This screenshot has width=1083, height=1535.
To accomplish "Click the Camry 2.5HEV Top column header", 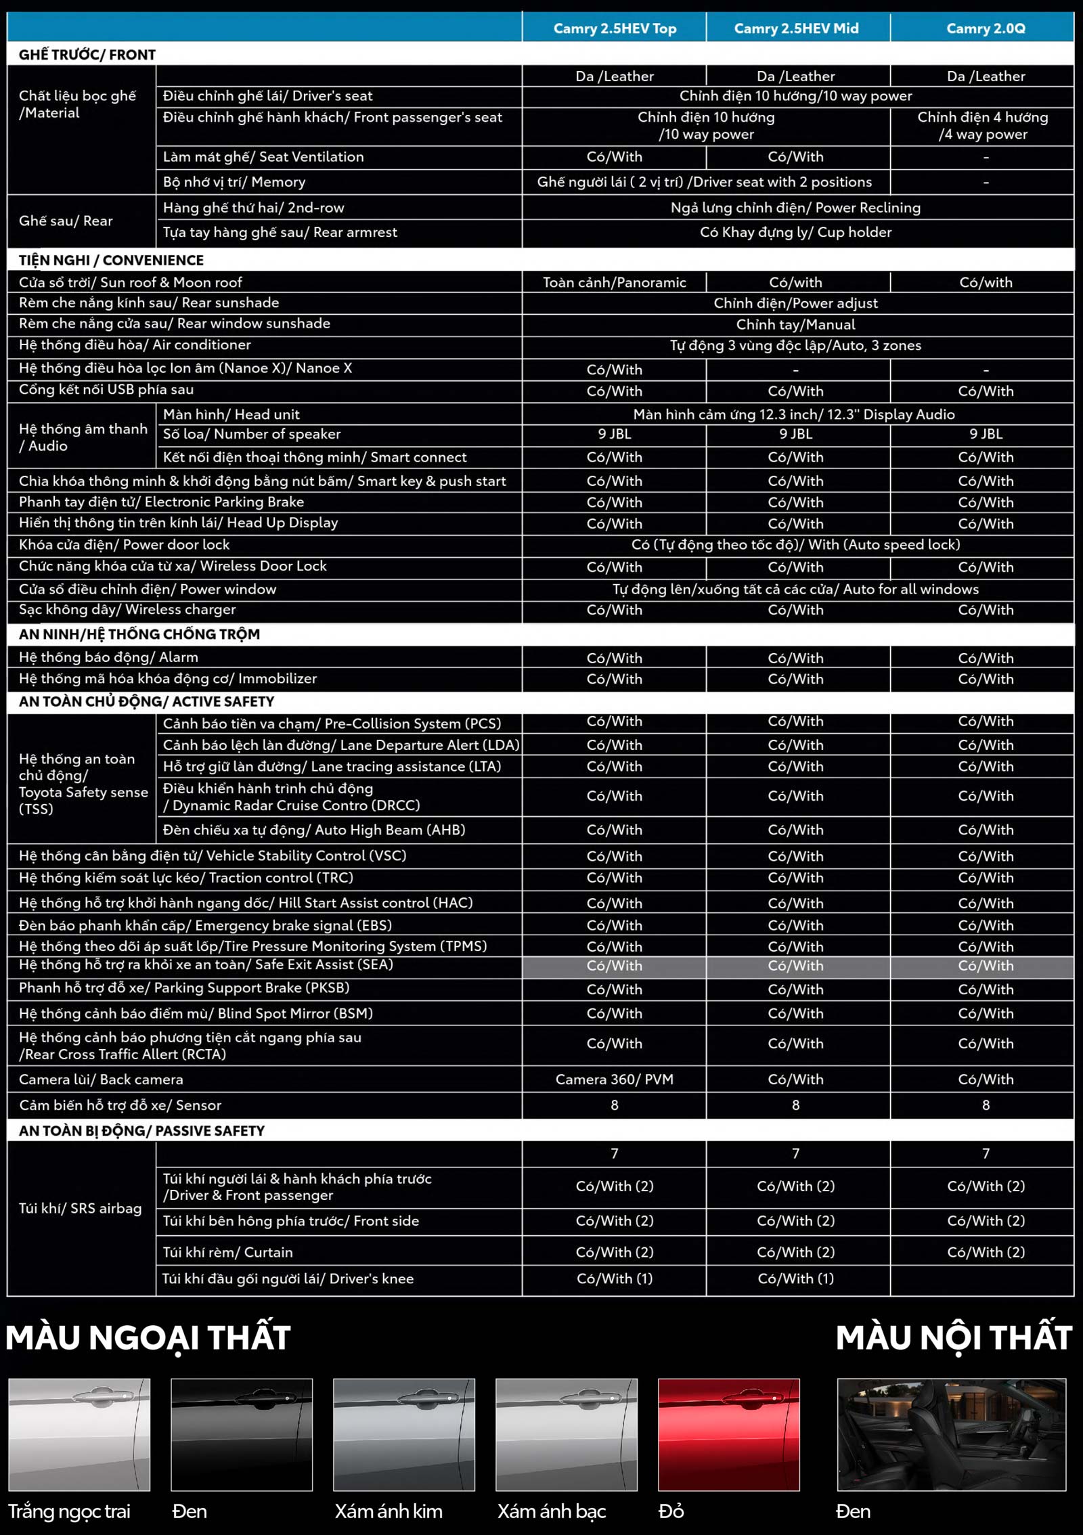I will [x=615, y=28].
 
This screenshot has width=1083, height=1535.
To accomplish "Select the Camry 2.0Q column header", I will [x=986, y=28].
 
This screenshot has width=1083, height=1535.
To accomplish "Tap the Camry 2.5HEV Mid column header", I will [x=796, y=28].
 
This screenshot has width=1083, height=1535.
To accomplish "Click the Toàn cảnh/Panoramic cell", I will [x=615, y=282].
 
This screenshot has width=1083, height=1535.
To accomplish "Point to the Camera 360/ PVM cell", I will [x=615, y=1079].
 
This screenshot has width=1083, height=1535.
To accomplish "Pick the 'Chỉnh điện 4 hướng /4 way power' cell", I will [x=982, y=125].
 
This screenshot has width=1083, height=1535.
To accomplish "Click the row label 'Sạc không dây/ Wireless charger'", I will [x=127, y=609].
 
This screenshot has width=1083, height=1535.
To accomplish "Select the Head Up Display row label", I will [x=178, y=522].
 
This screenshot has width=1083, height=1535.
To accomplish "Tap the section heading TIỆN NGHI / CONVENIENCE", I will [x=111, y=261].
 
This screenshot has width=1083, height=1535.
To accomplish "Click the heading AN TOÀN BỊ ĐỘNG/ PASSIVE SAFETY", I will [x=141, y=1130].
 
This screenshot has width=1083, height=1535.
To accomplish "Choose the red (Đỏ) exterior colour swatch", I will [x=728, y=1434].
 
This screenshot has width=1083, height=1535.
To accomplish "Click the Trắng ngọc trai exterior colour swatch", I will [x=79, y=1434].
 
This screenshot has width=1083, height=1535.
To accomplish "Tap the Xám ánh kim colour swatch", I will [x=404, y=1434].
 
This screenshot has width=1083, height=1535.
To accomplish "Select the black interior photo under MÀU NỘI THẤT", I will [x=951, y=1434].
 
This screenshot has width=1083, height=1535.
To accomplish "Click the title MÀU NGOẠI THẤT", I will [x=148, y=1338].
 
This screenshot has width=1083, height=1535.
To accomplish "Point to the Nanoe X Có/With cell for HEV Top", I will [x=615, y=370].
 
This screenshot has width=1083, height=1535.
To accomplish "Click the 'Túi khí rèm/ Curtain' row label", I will [x=227, y=1252].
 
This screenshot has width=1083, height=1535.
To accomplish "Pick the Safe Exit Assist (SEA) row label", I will [x=206, y=964].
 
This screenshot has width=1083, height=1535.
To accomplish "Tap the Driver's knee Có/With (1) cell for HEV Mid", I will [x=796, y=1278].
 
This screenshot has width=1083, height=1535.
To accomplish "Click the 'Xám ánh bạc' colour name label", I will [x=552, y=1511].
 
